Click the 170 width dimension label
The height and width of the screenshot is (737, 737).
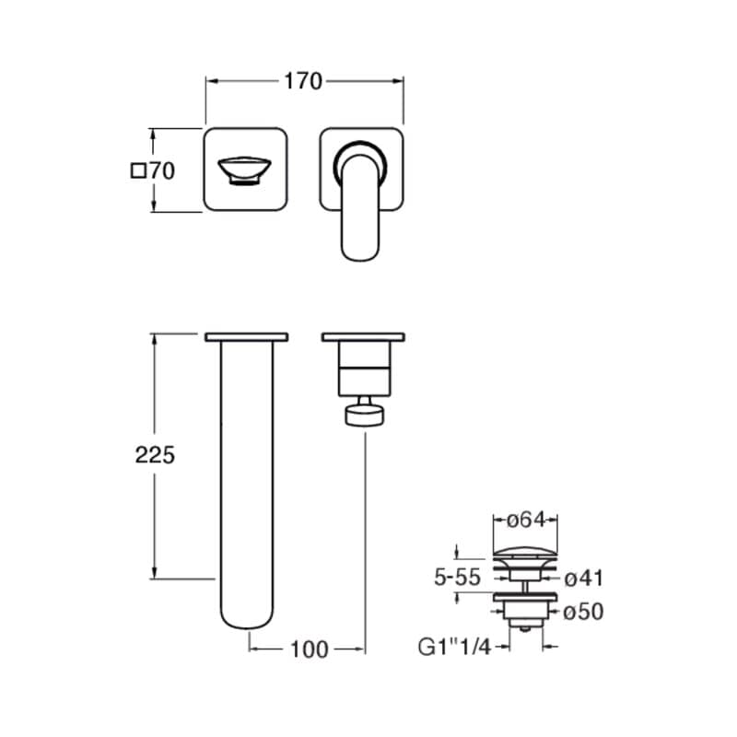click(x=303, y=81)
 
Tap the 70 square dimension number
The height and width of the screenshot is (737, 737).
click(x=162, y=171)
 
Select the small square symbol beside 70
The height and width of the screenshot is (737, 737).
click(x=137, y=170)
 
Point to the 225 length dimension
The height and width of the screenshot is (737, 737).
click(x=155, y=455)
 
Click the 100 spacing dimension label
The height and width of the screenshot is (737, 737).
click(x=310, y=649)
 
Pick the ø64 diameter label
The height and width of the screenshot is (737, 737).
click(x=526, y=520)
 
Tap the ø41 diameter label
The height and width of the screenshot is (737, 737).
click(x=583, y=579)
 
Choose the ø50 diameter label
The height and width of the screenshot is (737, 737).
click(x=583, y=612)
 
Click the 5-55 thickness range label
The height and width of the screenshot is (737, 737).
click(x=457, y=578)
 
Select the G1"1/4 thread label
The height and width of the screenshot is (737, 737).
click(x=454, y=648)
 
